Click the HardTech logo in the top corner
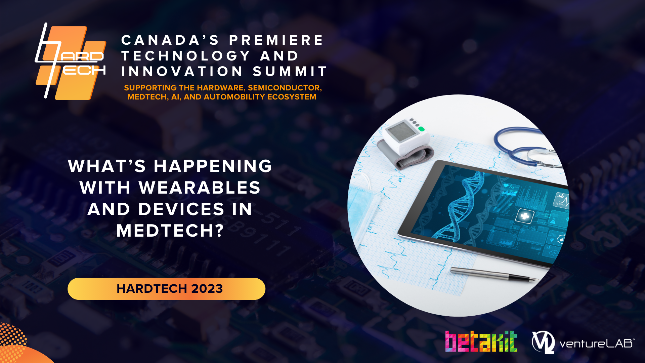click(x=71, y=61)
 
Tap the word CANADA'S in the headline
click(x=170, y=40)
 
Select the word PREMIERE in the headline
click(x=276, y=40)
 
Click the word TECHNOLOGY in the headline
click(x=186, y=56)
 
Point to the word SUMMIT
click(x=290, y=71)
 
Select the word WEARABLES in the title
click(x=200, y=188)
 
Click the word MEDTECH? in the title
click(x=170, y=231)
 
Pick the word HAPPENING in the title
click(x=213, y=166)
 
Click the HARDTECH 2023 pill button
click(x=166, y=289)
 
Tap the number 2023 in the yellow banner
click(x=207, y=289)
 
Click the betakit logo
click(x=481, y=341)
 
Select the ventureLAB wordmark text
click(x=597, y=344)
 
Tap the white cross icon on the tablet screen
click(x=524, y=216)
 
